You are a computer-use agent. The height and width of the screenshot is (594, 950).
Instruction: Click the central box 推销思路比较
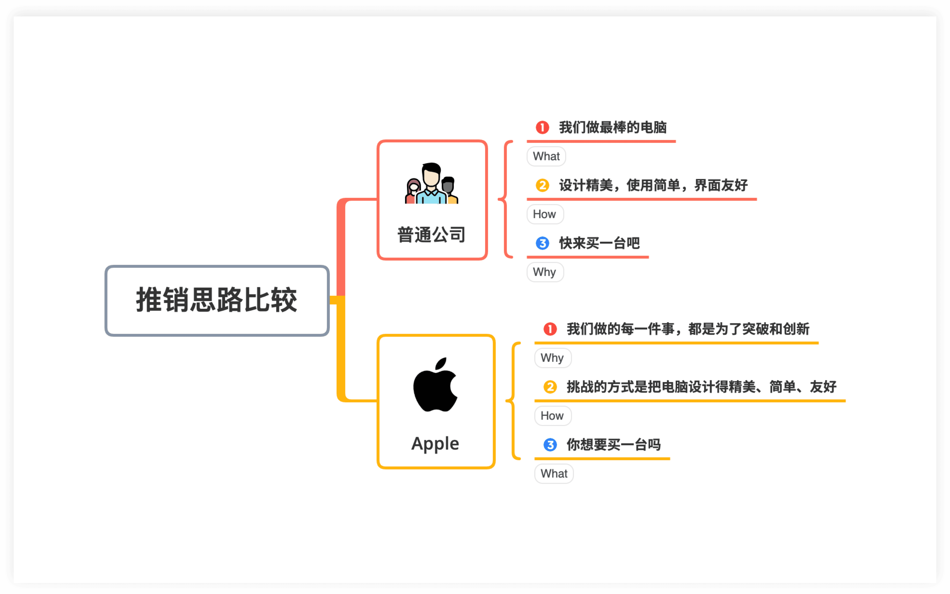tap(217, 301)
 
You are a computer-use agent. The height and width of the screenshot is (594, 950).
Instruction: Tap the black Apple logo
tap(435, 386)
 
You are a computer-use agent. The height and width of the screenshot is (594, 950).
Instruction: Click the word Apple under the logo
tap(435, 444)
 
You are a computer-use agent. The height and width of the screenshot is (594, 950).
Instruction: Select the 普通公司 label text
tap(431, 235)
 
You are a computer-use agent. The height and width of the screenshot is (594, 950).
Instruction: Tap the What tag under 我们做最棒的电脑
tap(546, 156)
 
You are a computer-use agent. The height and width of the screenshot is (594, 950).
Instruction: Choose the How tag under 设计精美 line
tap(545, 214)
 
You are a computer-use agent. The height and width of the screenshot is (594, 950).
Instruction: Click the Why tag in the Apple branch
tap(552, 358)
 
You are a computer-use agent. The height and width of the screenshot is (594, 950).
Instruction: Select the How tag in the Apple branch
tap(552, 416)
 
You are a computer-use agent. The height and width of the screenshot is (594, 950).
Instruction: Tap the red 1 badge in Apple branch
tap(550, 329)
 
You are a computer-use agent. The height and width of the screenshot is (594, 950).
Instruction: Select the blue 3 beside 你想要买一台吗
tap(550, 445)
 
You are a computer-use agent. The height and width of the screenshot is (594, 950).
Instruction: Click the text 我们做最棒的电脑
tap(613, 127)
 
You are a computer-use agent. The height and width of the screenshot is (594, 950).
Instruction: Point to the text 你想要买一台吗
tap(614, 445)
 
